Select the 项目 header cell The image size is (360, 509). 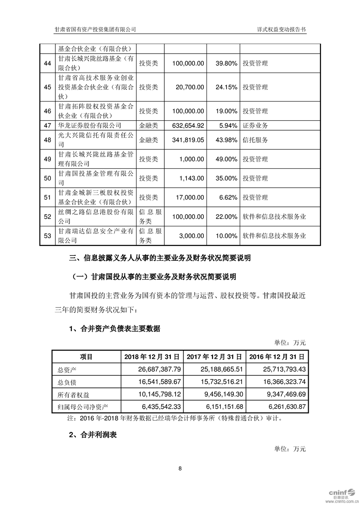click(86, 357)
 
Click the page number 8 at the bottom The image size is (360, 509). click(180, 468)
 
